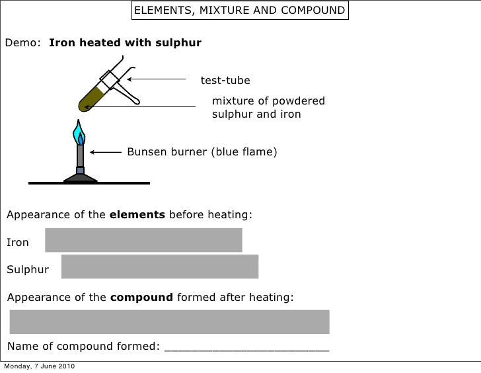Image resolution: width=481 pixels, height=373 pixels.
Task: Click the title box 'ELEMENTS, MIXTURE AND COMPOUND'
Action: [x=239, y=11]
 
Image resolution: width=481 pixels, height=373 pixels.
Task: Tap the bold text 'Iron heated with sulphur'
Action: [x=126, y=44]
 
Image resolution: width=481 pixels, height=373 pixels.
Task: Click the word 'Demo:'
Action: [x=26, y=44]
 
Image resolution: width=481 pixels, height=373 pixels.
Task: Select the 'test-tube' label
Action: [x=225, y=81]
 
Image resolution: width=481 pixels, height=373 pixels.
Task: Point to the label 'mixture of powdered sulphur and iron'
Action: [x=268, y=107]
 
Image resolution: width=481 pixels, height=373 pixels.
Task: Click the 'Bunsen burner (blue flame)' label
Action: [x=202, y=152]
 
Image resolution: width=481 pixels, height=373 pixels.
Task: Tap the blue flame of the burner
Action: [x=80, y=133]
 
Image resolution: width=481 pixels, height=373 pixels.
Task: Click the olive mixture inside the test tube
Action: [x=89, y=98]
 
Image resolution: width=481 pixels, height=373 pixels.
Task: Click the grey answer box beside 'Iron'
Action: [x=143, y=240]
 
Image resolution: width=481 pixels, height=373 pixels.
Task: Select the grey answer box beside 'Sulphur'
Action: [x=159, y=267]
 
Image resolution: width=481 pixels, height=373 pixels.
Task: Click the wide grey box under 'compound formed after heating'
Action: [x=169, y=321]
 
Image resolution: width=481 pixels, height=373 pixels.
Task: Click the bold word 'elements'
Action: [x=137, y=215]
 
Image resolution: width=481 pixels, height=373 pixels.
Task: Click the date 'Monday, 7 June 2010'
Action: [x=39, y=366]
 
